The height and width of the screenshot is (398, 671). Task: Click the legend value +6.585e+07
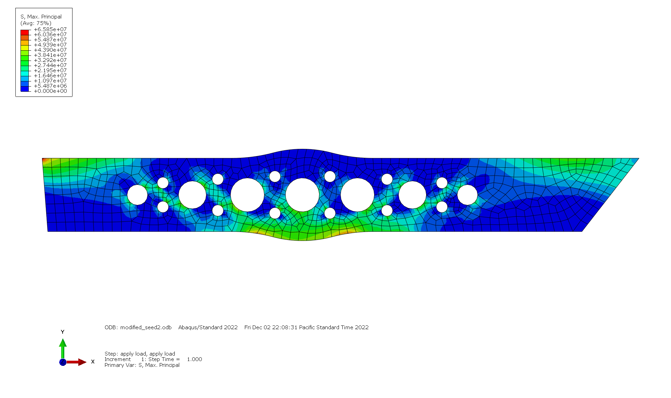tap(50, 29)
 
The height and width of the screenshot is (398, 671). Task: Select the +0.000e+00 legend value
tap(50, 91)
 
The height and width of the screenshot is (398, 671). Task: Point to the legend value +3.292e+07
tap(50, 60)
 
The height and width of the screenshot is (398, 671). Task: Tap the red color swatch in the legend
tap(25, 32)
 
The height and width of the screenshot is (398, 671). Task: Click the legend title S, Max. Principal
tap(41, 16)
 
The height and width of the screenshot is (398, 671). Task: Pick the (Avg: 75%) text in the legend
tap(36, 23)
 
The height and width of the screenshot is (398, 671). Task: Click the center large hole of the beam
tap(302, 195)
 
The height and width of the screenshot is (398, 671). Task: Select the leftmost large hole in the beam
tap(137, 195)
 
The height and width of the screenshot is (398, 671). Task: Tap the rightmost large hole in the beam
tap(467, 195)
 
